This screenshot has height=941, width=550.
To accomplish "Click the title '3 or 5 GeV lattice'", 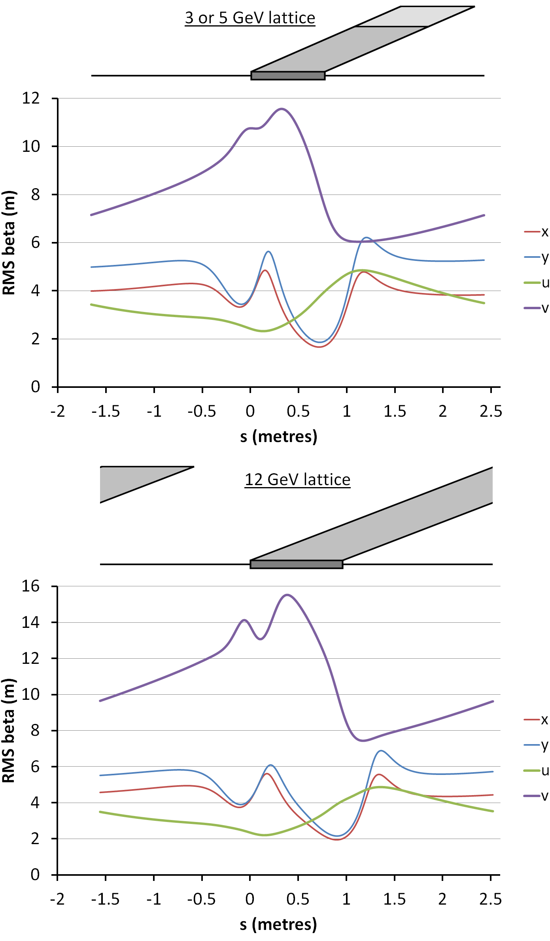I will point(250,18).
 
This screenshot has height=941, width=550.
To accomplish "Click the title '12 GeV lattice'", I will point(297,480).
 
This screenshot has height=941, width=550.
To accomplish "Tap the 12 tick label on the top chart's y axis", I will point(31,98).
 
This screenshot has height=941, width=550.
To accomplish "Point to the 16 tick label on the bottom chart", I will point(31,586).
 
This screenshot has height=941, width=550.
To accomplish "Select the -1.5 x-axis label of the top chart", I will point(106,412).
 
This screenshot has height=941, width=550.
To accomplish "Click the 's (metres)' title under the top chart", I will point(279,436).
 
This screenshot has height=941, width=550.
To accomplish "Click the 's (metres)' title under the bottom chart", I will point(278,924).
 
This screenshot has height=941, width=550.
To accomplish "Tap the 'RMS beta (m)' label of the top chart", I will point(9,243).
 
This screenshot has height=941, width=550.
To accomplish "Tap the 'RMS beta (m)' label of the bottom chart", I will point(9,731).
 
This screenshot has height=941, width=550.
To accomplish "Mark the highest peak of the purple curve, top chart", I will point(282,109).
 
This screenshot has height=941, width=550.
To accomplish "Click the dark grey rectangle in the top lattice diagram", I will point(288,76).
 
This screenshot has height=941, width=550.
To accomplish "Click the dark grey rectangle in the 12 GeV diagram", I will point(296,564).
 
